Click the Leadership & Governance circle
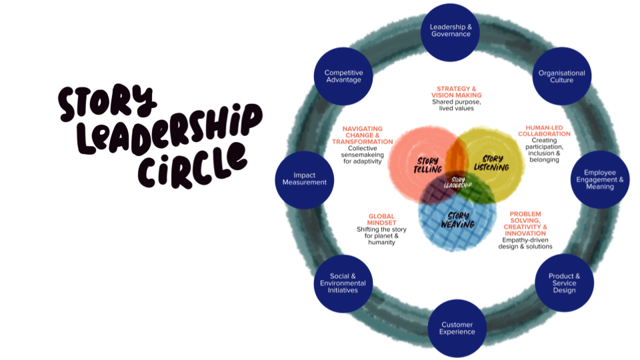coord(451,31)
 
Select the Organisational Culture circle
coord(561,76)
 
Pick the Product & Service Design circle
coord(564,283)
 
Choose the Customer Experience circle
coord(457,328)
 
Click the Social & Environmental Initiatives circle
coord(343,283)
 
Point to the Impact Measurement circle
coord(304,179)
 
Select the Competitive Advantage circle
coord(343,76)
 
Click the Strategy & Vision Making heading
coord(456,92)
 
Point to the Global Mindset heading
coord(381,220)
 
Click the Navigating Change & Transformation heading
coord(363,135)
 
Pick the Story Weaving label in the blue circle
coord(457,219)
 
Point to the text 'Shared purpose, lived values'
coord(456,105)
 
